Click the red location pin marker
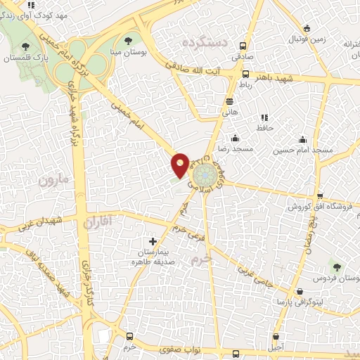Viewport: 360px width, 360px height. click(x=180, y=165)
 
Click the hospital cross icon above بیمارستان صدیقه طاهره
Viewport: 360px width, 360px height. click(x=153, y=241)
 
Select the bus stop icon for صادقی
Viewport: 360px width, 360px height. click(x=243, y=41)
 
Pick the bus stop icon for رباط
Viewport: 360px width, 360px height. click(x=245, y=74)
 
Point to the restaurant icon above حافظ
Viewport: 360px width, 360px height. click(x=264, y=117)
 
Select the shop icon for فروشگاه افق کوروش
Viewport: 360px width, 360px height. click(x=320, y=196)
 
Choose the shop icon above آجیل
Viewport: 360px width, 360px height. click(x=276, y=336)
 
